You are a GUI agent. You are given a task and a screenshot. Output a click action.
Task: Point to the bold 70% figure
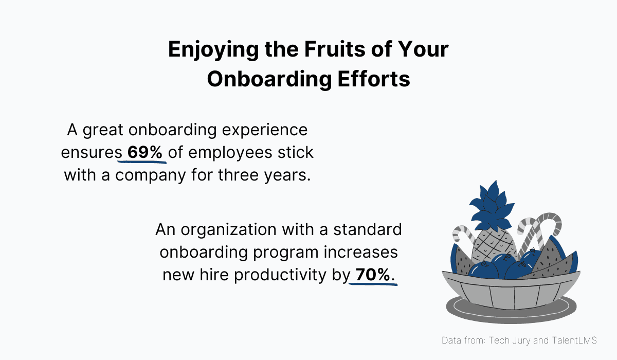coord(373,275)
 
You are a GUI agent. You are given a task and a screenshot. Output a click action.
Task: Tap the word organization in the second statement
coord(245,230)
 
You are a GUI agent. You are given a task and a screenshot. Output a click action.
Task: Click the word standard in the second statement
coord(368,230)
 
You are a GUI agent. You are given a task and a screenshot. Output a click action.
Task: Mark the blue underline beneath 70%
coord(373,284)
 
